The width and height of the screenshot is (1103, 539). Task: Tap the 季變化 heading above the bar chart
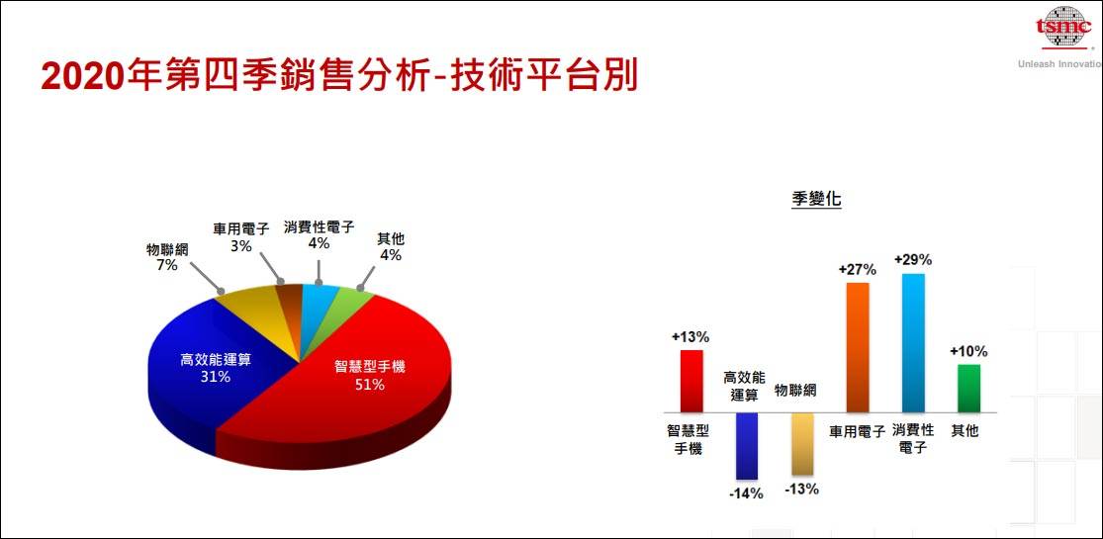coord(816,199)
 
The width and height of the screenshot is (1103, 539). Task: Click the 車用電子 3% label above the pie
coord(240,236)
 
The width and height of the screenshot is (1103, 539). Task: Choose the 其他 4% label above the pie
coord(391,246)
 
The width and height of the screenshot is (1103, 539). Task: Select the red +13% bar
coord(690,381)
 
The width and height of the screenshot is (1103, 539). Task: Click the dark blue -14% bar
coord(746,446)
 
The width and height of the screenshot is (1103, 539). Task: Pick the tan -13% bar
coord(801,444)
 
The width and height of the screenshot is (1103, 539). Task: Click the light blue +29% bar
coord(913,342)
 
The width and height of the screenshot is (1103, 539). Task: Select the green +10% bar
coord(968,388)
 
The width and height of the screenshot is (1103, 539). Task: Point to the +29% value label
coord(913,260)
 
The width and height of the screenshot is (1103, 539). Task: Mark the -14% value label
coord(746,493)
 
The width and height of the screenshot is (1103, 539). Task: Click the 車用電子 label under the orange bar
coord(857,431)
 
